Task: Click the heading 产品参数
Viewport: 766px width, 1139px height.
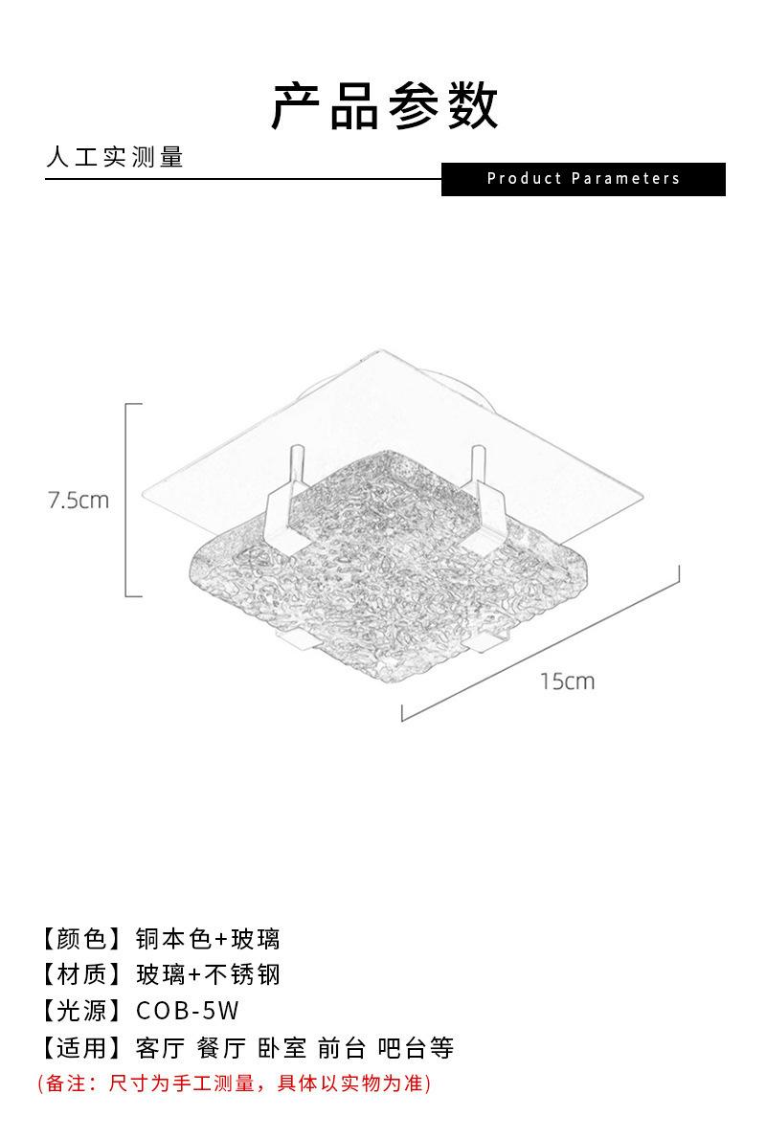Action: click(385, 106)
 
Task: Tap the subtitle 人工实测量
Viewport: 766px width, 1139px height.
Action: click(114, 158)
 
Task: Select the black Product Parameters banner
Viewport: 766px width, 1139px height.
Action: click(583, 179)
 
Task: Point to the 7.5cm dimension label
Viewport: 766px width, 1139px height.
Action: click(79, 500)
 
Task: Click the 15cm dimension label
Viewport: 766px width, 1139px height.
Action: click(567, 681)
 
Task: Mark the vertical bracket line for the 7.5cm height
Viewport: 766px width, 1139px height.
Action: click(126, 500)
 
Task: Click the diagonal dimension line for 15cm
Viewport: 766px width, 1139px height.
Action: click(541, 643)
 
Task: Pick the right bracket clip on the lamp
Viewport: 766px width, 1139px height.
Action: click(488, 502)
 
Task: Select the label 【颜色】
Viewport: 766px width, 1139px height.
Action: click(80, 938)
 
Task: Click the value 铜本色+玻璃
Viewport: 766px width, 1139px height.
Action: click(208, 938)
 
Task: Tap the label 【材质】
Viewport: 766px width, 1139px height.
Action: click(80, 974)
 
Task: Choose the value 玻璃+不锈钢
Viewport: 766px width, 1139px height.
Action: click(208, 974)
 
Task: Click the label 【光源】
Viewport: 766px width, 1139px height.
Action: click(80, 1011)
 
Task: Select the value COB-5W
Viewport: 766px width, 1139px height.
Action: click(188, 1011)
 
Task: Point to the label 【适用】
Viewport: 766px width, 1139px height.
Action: click(80, 1047)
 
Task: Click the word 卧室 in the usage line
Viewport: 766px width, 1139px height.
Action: click(282, 1047)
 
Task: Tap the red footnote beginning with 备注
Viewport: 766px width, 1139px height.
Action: click(235, 1083)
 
